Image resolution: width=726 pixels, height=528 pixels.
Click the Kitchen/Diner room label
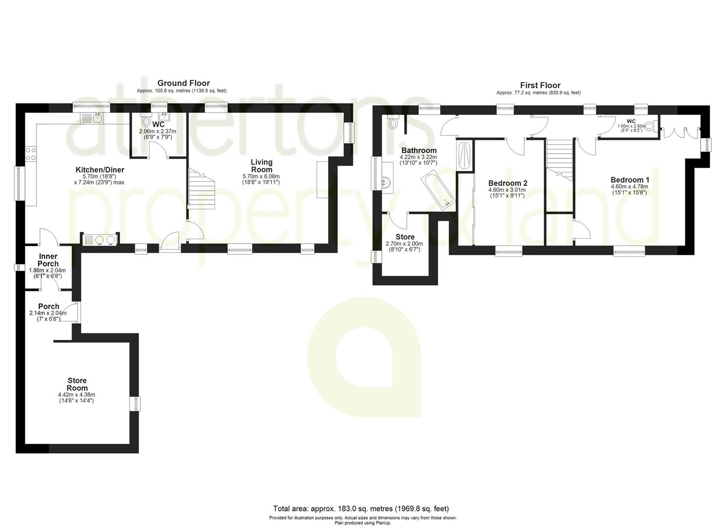click(x=100, y=170)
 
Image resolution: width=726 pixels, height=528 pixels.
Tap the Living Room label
click(x=262, y=166)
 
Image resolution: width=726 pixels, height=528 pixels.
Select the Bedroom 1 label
click(x=630, y=179)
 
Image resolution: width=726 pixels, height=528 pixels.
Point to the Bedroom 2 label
click(x=507, y=183)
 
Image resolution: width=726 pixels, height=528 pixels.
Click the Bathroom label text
click(x=418, y=150)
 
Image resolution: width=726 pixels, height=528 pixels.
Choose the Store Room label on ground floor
click(x=77, y=384)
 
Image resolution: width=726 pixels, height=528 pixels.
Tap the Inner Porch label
click(x=48, y=260)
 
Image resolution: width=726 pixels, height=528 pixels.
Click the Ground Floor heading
click(x=183, y=83)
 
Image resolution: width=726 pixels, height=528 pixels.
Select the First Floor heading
click(x=540, y=85)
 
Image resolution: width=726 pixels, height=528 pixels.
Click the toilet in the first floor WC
click(x=650, y=124)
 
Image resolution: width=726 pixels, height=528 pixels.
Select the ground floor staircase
click(x=201, y=188)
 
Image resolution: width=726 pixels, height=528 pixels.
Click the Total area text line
click(x=360, y=508)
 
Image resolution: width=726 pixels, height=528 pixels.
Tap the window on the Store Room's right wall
click(x=134, y=404)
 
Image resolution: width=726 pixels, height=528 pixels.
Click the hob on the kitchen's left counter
click(x=30, y=154)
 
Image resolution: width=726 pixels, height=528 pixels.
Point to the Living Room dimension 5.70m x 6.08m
click(x=261, y=176)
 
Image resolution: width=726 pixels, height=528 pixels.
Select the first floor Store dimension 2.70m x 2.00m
click(x=404, y=244)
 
